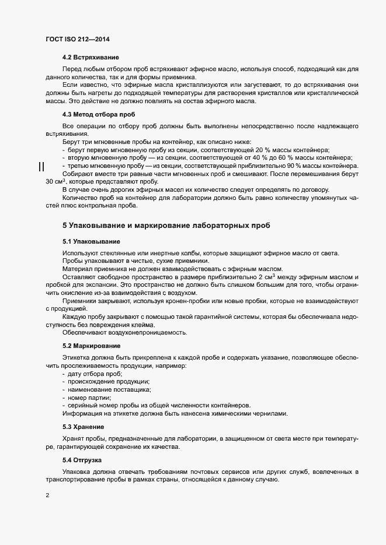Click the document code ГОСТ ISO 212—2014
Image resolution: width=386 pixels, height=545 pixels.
tap(78, 39)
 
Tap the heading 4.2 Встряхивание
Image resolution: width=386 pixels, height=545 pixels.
tap(91, 58)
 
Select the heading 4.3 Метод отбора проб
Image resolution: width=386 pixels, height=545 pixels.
tap(98, 114)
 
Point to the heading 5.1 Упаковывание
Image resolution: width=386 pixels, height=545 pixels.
tap(92, 241)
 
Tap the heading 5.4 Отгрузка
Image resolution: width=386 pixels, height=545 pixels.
tap(85, 460)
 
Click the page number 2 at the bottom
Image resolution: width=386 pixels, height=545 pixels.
tap(47, 496)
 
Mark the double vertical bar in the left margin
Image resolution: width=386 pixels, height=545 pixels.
tap(41, 167)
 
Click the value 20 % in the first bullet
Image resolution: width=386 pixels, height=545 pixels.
tap(256, 150)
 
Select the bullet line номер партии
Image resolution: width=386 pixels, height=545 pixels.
tap(89, 398)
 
